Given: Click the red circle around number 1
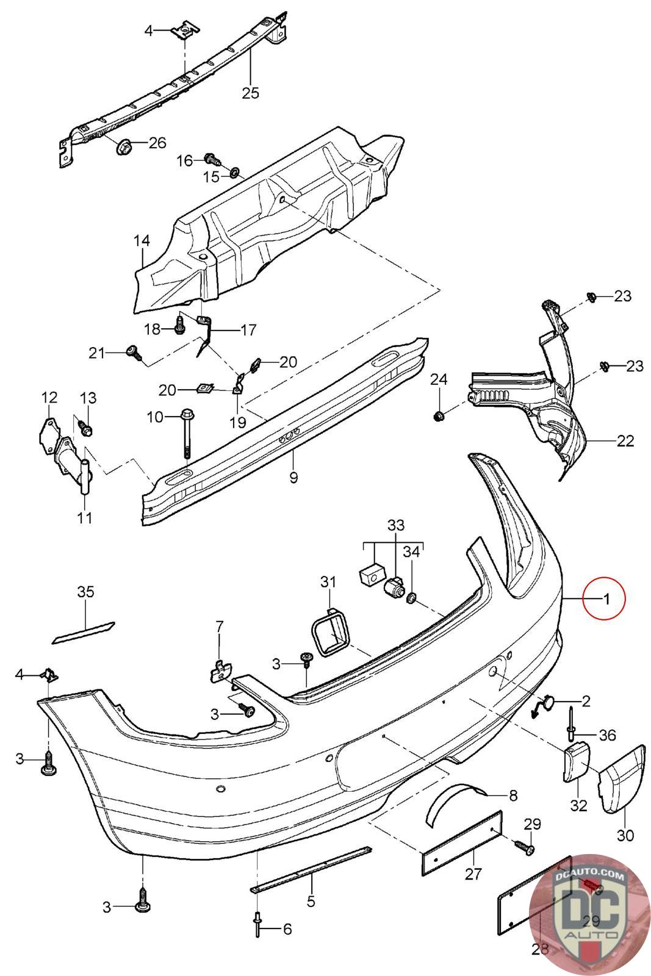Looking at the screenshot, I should [603, 598].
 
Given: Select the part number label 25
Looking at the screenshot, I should [250, 93].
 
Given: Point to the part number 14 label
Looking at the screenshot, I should [142, 241].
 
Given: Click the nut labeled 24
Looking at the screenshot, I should [437, 416].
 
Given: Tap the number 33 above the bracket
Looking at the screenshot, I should [396, 525].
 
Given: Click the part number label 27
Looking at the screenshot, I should [473, 874].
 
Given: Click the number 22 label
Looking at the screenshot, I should [625, 440].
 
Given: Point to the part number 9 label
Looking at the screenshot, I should [293, 476].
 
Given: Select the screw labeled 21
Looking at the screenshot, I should [132, 351].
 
